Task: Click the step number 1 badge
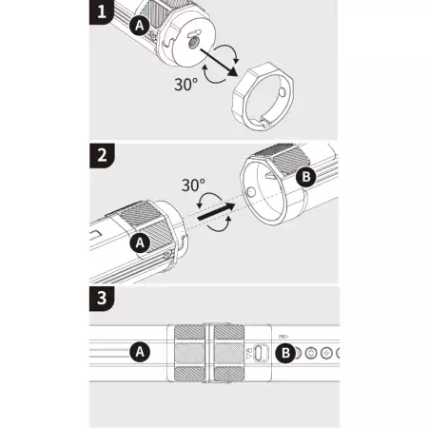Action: tap(101, 11)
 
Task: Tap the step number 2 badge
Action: tap(102, 155)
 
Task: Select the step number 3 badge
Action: tap(102, 299)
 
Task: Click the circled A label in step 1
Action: tap(140, 25)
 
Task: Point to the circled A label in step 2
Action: tap(140, 243)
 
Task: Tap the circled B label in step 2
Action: tap(306, 176)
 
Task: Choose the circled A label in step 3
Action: tap(140, 352)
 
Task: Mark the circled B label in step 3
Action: tap(285, 352)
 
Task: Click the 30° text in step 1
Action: tap(186, 85)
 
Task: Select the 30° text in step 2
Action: tap(193, 185)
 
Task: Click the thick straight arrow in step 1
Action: tap(219, 63)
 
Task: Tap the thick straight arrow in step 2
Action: tap(216, 211)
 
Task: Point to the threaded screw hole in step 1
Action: tap(192, 44)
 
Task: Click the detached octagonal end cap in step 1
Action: tap(263, 96)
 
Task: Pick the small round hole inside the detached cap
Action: tap(282, 92)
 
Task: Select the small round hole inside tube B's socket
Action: tap(251, 191)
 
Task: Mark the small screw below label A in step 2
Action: tap(167, 254)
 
